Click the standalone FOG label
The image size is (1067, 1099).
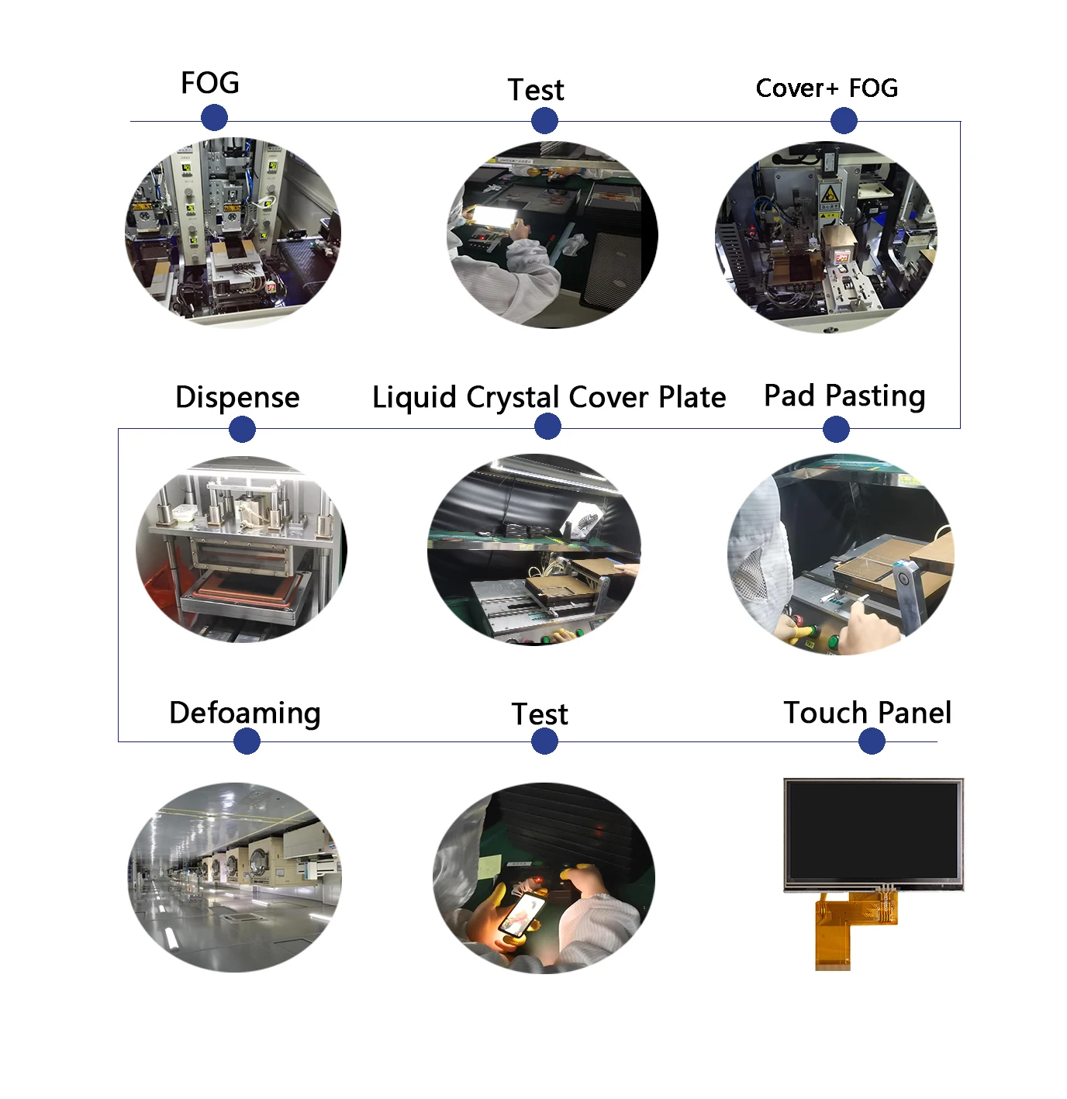pos(209,83)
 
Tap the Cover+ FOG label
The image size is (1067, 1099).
pos(827,88)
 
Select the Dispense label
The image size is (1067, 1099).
pos(237,397)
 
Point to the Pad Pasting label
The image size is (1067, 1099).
pos(844,396)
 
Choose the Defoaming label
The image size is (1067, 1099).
pos(244,713)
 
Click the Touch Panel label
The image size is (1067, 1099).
pos(867,713)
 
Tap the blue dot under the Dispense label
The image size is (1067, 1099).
pos(243,429)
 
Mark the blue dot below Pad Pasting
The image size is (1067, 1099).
pos(836,429)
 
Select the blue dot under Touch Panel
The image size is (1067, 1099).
pos(872,741)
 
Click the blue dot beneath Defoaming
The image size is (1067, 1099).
pos(247,741)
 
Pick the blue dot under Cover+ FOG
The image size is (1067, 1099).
pos(844,121)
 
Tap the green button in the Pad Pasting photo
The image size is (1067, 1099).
pos(833,641)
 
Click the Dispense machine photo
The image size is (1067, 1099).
pos(241,549)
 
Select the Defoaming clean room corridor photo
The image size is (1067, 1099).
pos(234,877)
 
